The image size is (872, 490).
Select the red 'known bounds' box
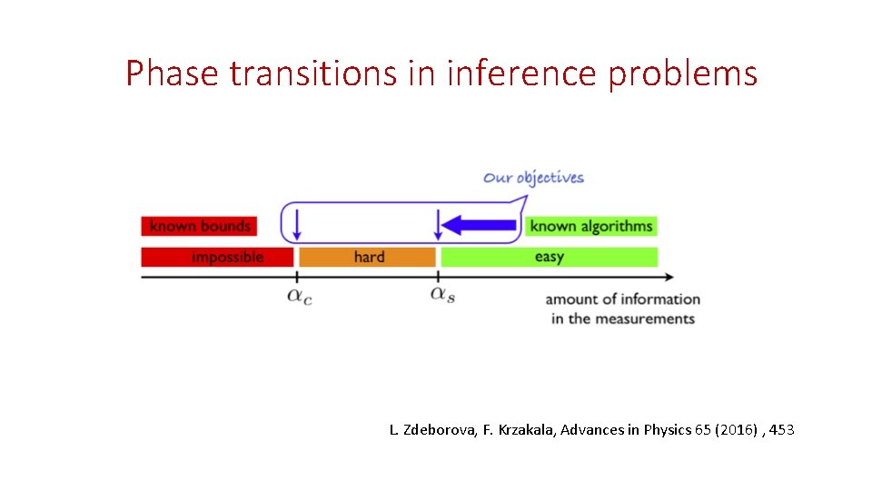199,226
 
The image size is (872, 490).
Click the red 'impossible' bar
217,257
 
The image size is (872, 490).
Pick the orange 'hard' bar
368,257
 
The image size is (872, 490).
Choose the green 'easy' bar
549,257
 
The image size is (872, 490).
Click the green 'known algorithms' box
590,226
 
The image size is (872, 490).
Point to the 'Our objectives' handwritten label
533,177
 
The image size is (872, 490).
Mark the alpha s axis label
442,296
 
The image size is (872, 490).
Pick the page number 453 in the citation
781,429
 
